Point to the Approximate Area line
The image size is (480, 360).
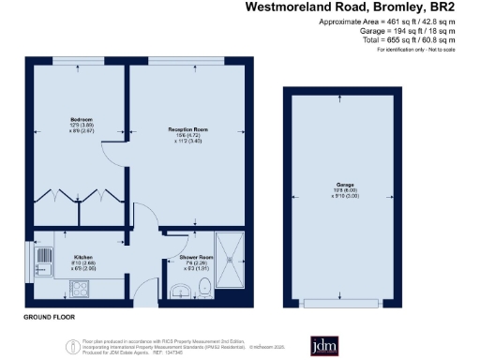point(387,22)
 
